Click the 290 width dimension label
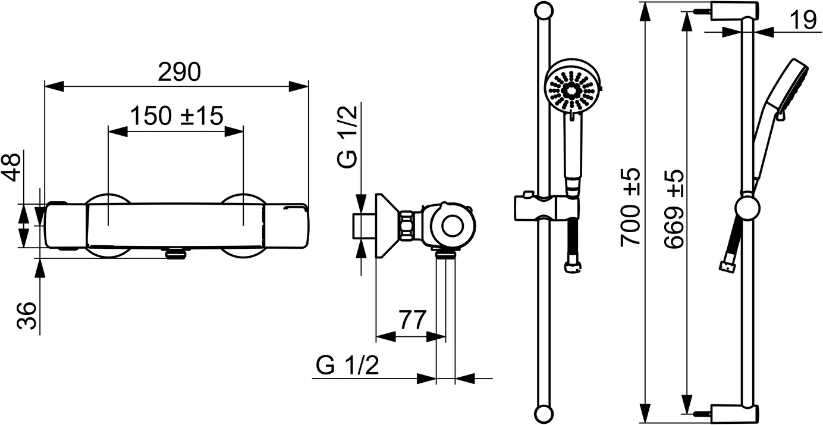click(179, 73)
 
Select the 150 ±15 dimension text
click(177, 115)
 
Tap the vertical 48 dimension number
click(13, 167)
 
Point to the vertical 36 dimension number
click(26, 315)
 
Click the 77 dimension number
click(412, 320)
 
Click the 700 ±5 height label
click(630, 208)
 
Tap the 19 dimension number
click(803, 21)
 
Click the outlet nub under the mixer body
click(176, 254)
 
